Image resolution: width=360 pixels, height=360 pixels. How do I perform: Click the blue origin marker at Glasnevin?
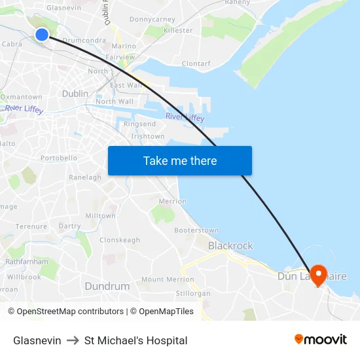41,35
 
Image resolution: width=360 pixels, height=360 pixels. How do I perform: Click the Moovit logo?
321,340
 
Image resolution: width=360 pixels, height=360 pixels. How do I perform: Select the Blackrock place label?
230,245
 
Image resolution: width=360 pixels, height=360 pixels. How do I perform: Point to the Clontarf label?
196,63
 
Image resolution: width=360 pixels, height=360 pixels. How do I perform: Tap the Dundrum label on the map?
107,286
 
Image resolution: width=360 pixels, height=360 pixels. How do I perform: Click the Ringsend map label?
139,124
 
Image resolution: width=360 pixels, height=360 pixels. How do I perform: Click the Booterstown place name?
196,230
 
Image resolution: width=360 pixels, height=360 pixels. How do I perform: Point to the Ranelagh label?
85,177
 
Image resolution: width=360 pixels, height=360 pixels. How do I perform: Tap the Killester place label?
178,30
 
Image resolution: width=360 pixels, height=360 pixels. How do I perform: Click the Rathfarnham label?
27,261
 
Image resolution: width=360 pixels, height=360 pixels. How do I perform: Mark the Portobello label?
59,158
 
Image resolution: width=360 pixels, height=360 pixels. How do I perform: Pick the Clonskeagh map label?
120,240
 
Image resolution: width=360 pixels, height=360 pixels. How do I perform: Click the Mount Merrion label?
168,279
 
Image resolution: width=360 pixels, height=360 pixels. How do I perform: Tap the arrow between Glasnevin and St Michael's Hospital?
73,340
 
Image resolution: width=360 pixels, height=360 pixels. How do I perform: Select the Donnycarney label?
153,20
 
